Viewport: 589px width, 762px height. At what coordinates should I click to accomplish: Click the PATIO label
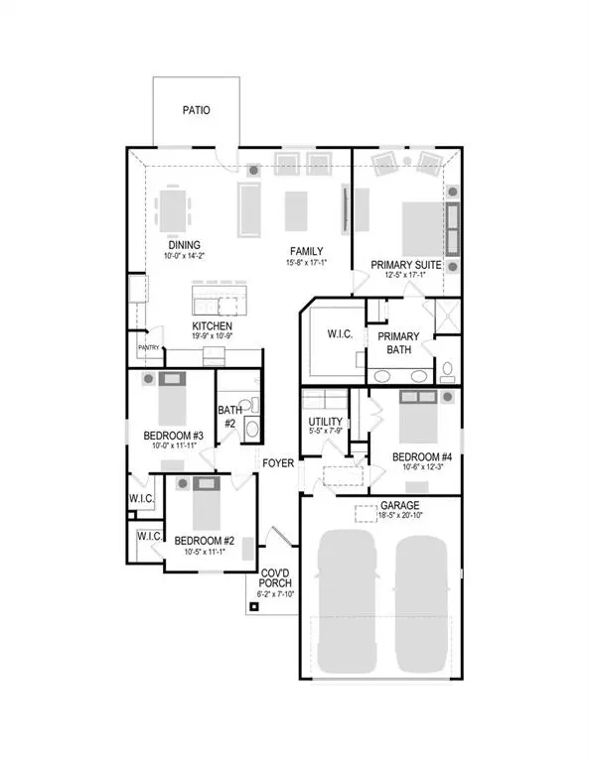[x=197, y=111]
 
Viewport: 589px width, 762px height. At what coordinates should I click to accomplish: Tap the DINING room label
[x=184, y=245]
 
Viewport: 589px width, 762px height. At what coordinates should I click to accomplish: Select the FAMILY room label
[x=307, y=251]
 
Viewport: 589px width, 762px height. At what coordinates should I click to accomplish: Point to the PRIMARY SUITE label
[x=405, y=264]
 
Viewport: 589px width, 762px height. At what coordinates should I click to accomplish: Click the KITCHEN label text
[x=213, y=325]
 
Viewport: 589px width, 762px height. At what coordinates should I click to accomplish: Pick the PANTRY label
[x=149, y=347]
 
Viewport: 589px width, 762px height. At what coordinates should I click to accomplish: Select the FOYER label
[x=279, y=463]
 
